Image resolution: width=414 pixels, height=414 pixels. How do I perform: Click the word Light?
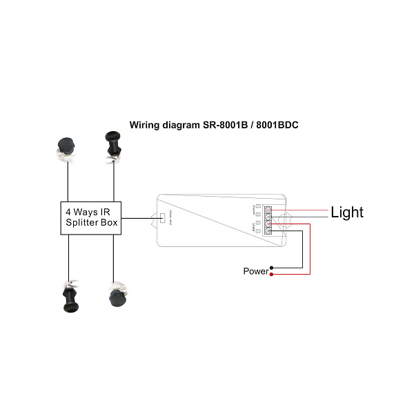click(347, 213)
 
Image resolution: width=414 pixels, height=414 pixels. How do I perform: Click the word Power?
click(255, 271)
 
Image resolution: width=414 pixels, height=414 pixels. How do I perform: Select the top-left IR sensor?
click(68, 148)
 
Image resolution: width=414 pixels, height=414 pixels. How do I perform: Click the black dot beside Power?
click(273, 268)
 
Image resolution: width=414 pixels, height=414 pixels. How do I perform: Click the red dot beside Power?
click(273, 275)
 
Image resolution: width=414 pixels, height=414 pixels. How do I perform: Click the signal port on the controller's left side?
click(162, 219)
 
